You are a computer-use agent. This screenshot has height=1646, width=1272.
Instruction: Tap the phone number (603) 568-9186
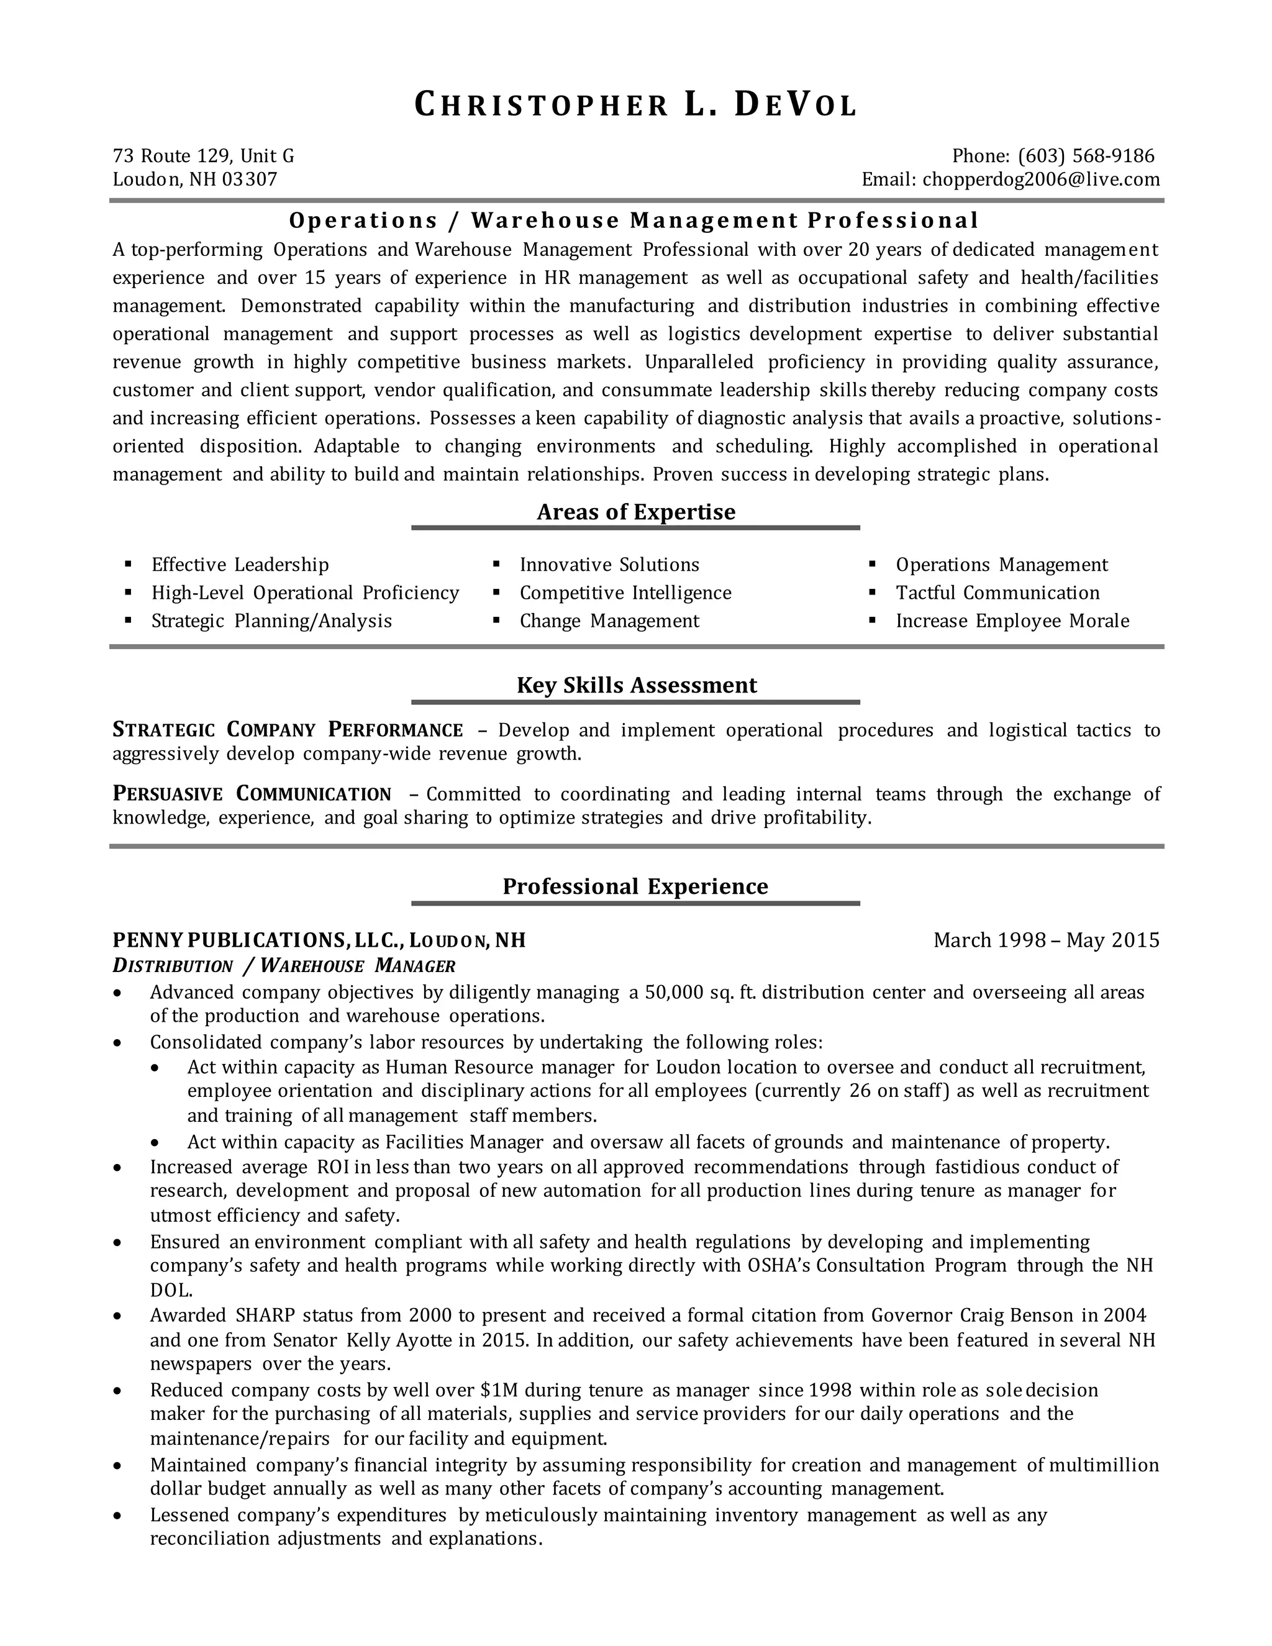click(x=1086, y=156)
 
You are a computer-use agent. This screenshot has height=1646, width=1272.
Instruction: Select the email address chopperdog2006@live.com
click(x=1041, y=180)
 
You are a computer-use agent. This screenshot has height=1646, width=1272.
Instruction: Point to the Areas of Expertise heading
click(x=635, y=512)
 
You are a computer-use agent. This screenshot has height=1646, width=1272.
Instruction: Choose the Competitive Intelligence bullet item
click(x=625, y=593)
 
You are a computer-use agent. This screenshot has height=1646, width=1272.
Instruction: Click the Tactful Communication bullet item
click(x=997, y=593)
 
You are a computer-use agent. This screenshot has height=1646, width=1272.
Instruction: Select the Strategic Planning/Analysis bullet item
click(x=271, y=621)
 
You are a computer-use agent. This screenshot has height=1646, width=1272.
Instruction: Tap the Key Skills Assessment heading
click(x=636, y=685)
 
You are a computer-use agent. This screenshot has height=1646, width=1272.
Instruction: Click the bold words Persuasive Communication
click(x=252, y=794)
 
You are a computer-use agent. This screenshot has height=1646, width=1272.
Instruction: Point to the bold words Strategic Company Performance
click(x=287, y=730)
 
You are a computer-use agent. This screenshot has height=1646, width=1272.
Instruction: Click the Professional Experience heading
click(x=635, y=886)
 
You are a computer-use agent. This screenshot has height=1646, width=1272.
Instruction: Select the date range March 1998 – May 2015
click(x=1046, y=940)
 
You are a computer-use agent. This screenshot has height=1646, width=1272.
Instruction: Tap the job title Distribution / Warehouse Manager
click(x=284, y=966)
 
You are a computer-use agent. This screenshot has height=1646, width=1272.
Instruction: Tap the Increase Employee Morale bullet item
click(x=1012, y=621)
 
